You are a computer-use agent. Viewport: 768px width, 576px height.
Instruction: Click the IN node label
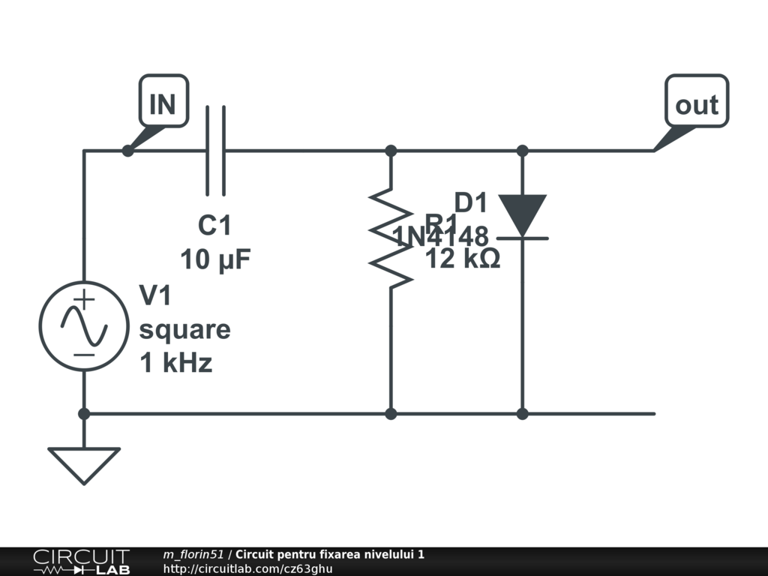coord(163,103)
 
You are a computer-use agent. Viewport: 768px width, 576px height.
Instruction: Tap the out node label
coord(697,103)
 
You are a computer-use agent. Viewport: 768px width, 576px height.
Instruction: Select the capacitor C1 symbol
coord(215,151)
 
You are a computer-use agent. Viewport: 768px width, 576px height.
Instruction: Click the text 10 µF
coord(215,260)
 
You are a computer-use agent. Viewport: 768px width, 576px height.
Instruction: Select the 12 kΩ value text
coord(463,259)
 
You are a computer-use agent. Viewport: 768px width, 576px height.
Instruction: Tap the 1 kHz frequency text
coord(176,364)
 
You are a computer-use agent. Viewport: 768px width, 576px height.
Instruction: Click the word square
coord(184,330)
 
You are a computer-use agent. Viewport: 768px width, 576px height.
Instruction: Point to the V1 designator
coord(156,296)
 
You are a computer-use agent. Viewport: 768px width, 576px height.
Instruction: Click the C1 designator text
coord(214,226)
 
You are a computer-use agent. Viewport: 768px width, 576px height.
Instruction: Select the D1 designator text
coord(471,202)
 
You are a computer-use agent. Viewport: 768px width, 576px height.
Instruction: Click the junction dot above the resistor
coord(391,151)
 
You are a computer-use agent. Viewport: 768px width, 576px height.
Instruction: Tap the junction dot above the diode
coord(523,151)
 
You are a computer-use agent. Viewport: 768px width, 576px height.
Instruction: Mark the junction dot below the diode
coord(523,413)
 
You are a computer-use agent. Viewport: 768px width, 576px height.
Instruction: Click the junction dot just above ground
coord(84,413)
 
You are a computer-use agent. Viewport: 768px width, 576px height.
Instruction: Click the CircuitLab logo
coord(81,562)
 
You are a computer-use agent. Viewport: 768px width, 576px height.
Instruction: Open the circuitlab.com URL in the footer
coord(247,568)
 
